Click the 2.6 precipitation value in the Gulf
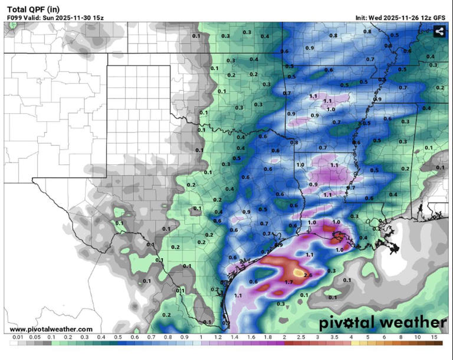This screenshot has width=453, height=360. [307, 275]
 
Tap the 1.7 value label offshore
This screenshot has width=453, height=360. [289, 283]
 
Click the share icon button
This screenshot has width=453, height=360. [439, 32]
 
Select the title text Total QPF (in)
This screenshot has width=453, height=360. [33, 9]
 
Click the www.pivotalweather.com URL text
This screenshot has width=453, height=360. [51, 329]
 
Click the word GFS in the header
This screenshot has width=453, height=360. [439, 18]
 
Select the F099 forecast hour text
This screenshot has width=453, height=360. [16, 18]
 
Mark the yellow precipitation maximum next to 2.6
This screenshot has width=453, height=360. [295, 272]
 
